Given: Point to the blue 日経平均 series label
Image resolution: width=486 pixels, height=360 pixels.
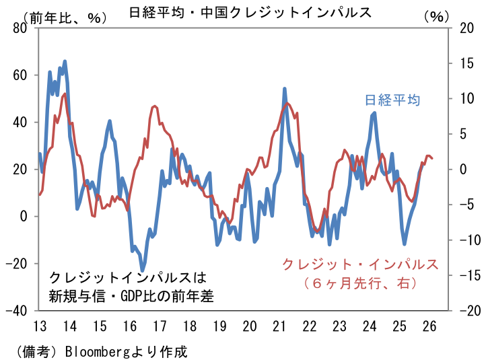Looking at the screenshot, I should coord(392,100).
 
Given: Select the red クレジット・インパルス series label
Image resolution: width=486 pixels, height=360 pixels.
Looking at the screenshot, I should coord(360,263).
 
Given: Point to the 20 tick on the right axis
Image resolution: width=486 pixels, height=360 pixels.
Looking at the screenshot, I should coord(463,28).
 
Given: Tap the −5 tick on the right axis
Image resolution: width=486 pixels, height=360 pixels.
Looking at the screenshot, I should coord(463,205).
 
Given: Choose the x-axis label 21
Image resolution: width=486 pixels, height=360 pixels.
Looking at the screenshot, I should coord(279,327).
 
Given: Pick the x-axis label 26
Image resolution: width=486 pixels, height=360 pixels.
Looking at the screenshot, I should coord(429,327).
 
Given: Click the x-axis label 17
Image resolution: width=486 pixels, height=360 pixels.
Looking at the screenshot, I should coord(160,327).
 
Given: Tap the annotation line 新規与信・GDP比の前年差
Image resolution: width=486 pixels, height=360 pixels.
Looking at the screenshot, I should coord(131,295).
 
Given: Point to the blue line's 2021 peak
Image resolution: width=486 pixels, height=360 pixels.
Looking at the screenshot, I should coord(285,89).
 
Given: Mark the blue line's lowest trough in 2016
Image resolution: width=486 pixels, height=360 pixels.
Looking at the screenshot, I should coord(143,271).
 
